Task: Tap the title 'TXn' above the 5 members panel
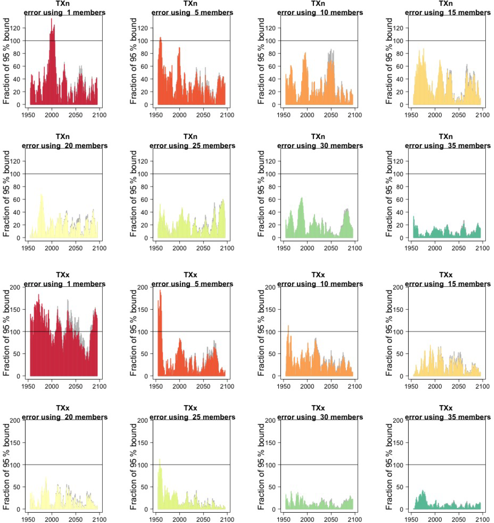click(x=190, y=4)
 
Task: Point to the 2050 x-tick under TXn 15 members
click(x=459, y=115)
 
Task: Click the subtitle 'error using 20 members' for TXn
click(x=65, y=146)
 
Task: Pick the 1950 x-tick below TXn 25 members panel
click(x=156, y=248)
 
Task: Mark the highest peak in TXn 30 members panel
click(x=301, y=198)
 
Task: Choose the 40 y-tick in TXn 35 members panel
click(x=399, y=212)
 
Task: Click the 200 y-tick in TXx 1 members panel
click(x=15, y=287)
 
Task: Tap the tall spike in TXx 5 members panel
click(x=160, y=291)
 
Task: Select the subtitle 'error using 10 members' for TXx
click(x=320, y=284)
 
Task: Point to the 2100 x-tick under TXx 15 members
click(x=482, y=386)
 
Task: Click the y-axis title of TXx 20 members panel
click(x=6, y=466)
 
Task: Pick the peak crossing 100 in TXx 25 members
click(x=160, y=460)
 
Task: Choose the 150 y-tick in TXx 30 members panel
click(x=271, y=443)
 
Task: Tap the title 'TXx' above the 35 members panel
click(x=446, y=408)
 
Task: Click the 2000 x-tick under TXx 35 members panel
click(x=435, y=519)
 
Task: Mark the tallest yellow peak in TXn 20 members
click(x=41, y=195)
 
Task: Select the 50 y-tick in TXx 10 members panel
click(x=272, y=354)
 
